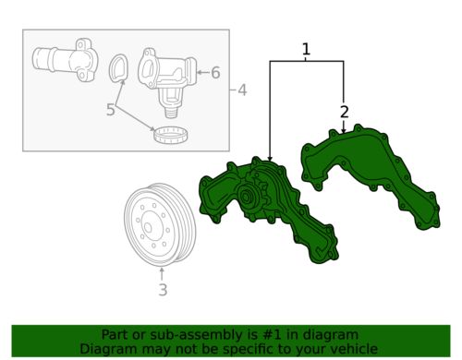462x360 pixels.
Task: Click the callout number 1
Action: pyautogui.click(x=306, y=48)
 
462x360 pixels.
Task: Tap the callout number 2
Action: pyautogui.click(x=343, y=113)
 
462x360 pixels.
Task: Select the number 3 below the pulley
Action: pyautogui.click(x=162, y=293)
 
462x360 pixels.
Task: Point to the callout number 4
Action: pyautogui.click(x=242, y=90)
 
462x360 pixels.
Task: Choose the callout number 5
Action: pyautogui.click(x=110, y=110)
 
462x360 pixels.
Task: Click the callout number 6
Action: pyautogui.click(x=215, y=72)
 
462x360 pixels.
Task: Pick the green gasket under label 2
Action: pyautogui.click(x=370, y=171)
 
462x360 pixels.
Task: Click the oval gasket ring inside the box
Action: pyautogui.click(x=119, y=69)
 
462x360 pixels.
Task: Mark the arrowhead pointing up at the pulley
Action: pyautogui.click(x=162, y=271)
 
